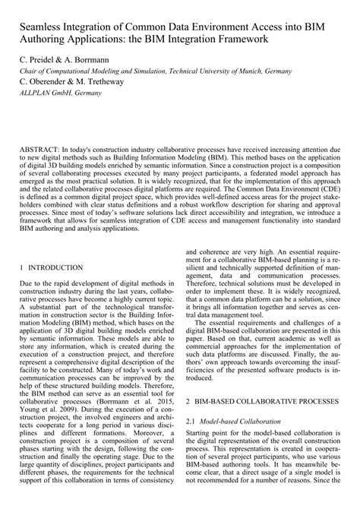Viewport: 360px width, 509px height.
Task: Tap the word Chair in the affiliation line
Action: click(x=28, y=70)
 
